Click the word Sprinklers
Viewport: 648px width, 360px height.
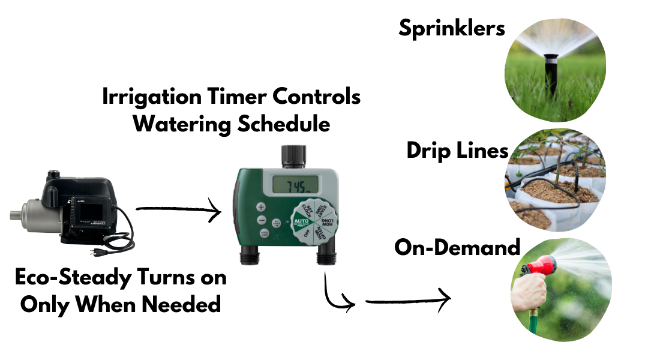452,28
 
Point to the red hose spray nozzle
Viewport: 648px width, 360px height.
537,268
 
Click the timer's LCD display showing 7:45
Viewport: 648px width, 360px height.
293,185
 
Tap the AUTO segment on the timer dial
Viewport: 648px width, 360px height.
301,222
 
